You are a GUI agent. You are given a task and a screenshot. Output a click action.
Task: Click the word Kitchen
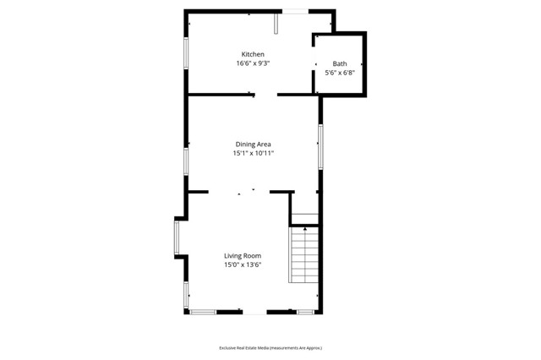coord(254,54)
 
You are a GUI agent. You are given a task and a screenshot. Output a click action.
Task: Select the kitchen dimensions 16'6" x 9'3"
coord(254,63)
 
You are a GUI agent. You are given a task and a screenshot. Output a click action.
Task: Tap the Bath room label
coord(339,63)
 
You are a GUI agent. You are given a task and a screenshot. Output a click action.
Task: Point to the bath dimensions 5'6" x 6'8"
coord(339,73)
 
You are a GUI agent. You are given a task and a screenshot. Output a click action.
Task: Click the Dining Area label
coord(253,145)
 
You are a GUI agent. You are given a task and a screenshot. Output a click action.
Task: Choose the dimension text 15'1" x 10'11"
coord(253,154)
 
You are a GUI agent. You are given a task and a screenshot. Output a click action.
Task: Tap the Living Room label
coord(242,256)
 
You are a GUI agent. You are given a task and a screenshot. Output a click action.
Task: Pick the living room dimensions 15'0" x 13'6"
coord(242,265)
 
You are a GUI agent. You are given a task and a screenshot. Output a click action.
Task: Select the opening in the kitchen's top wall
coord(295,10)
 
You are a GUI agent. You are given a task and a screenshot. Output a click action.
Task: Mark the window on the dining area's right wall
coord(320,146)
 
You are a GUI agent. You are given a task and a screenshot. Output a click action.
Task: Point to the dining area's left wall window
coord(187,161)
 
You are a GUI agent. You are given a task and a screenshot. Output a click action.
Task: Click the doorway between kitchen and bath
coord(315,64)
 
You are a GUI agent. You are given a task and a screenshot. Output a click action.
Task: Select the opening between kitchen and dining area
coord(266,95)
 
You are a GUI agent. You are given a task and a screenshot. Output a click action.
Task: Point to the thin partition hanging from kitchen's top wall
coord(275,23)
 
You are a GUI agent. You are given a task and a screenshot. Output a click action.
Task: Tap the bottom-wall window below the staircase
coord(305,313)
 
